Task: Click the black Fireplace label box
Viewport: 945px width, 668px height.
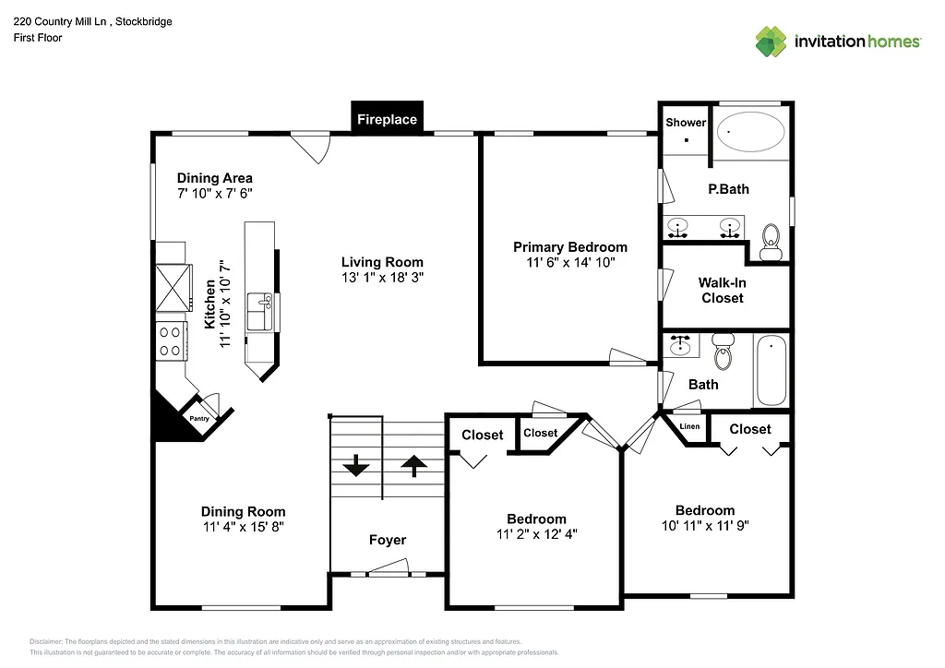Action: click(x=387, y=119)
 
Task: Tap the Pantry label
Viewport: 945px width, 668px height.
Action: click(x=199, y=419)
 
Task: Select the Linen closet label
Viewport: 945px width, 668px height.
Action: click(x=689, y=426)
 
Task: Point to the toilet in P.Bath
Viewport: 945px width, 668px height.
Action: click(x=769, y=243)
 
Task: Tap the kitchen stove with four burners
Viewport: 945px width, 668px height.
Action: click(x=170, y=340)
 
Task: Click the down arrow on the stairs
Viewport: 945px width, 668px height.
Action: click(x=356, y=466)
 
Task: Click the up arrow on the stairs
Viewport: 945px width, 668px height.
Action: click(x=413, y=466)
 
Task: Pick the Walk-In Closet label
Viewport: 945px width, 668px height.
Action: click(x=722, y=291)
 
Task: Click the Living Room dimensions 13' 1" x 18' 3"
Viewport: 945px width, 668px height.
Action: click(x=382, y=277)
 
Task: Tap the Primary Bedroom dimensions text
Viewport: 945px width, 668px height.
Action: click(x=569, y=262)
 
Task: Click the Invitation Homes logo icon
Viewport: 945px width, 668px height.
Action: click(x=771, y=41)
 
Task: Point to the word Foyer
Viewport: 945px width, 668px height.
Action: click(x=387, y=540)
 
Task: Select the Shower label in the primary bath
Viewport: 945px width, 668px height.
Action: click(x=686, y=122)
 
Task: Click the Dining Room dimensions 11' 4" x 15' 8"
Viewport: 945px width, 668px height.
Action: click(x=243, y=527)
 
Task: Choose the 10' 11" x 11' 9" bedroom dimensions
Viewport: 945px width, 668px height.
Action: click(x=704, y=526)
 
